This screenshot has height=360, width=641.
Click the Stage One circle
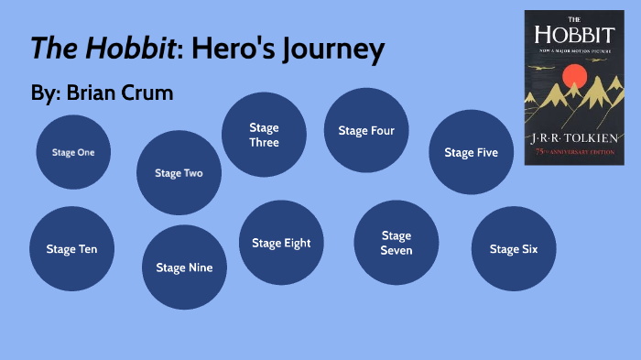pos(73,152)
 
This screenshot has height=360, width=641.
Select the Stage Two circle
pos(179,173)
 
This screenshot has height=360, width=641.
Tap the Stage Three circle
pos(264,135)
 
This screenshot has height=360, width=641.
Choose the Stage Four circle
pos(366,130)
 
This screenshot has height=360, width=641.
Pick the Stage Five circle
pos(472,152)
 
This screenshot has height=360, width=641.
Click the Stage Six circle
pos(514,249)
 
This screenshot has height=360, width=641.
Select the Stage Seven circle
pos(397,243)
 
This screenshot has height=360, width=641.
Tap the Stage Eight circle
pos(281,243)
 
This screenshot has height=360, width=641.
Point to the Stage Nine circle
pos(184,267)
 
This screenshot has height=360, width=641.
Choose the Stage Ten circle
pos(71,249)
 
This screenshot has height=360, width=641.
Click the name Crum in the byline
pos(147,93)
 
